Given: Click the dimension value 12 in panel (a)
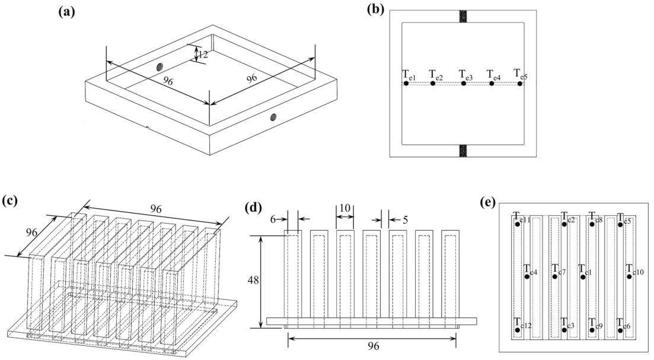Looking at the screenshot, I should pyautogui.click(x=203, y=55).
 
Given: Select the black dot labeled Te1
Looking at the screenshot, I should pyautogui.click(x=406, y=84).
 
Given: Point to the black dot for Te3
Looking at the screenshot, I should pyautogui.click(x=464, y=84).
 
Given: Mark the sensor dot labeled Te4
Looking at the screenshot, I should pyautogui.click(x=492, y=84).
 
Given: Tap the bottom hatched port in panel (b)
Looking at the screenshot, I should pyautogui.click(x=462, y=151).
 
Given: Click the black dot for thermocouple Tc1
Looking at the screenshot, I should pyautogui.click(x=583, y=275).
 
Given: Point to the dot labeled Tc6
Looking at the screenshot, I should pyautogui.click(x=621, y=330).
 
